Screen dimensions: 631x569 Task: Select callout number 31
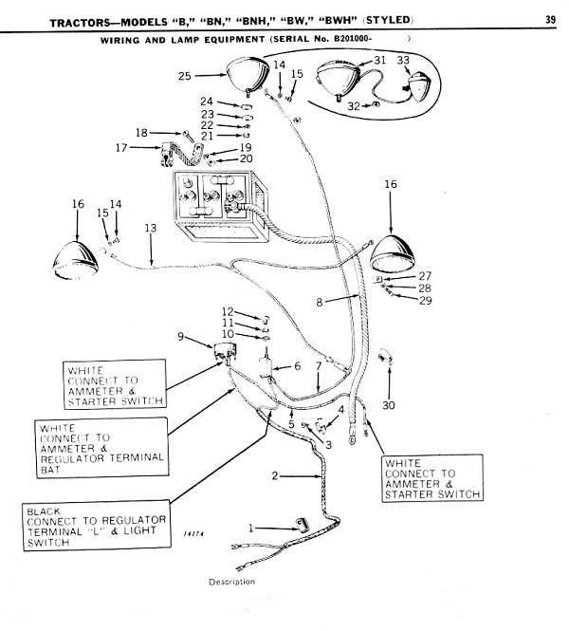pyautogui.click(x=378, y=60)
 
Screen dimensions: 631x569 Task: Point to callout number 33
pyautogui.click(x=403, y=60)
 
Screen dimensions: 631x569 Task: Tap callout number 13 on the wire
pyautogui.click(x=149, y=229)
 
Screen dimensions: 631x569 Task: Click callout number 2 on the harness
pyautogui.click(x=275, y=473)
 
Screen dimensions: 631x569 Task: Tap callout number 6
pyautogui.click(x=297, y=366)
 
